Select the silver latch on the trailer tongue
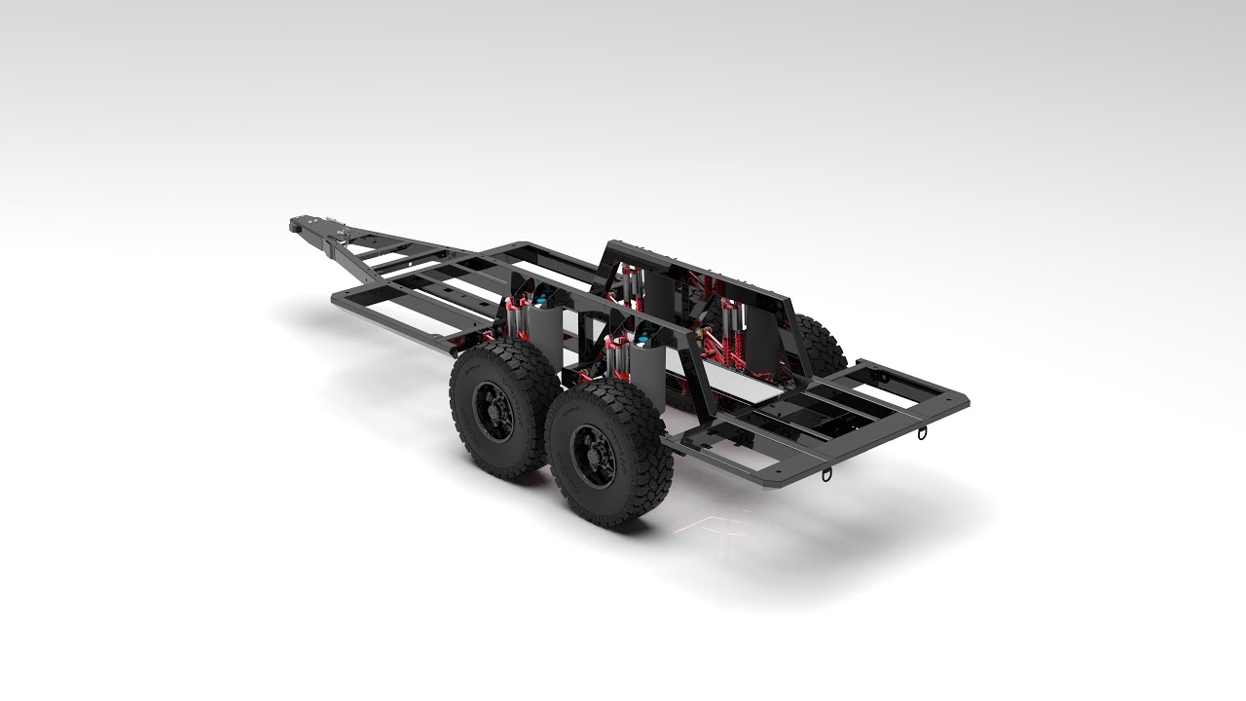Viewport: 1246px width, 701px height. coord(343,233)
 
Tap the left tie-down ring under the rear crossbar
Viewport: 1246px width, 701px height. coord(827,474)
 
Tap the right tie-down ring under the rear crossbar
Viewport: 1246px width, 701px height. coord(922,431)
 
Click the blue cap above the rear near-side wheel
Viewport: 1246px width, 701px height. coord(643,340)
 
